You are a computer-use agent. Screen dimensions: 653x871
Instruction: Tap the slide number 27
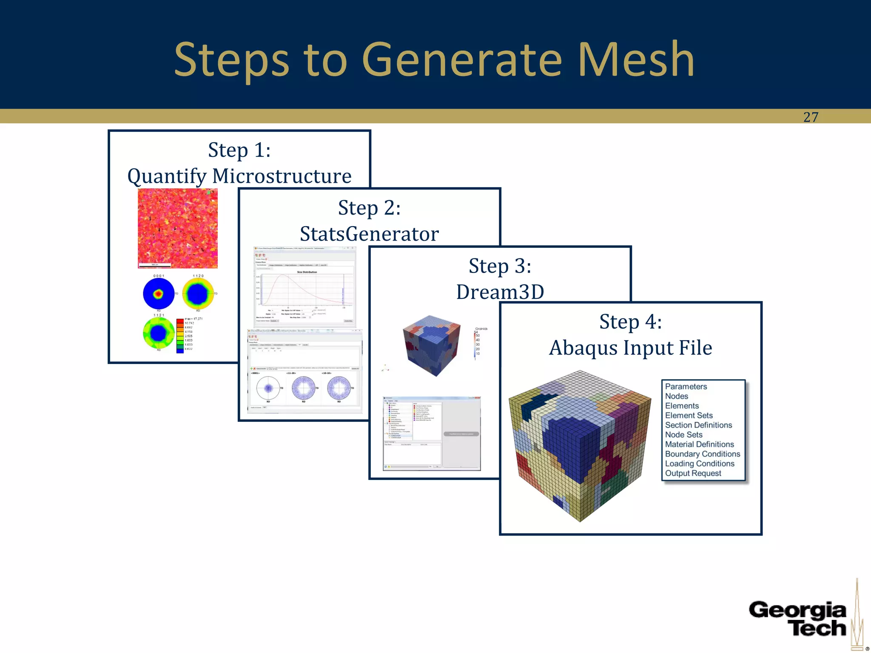click(811, 117)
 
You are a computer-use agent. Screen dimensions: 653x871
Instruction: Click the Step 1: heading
click(239, 150)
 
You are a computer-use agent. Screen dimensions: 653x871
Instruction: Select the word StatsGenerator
click(369, 234)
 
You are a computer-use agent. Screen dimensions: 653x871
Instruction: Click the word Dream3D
click(500, 292)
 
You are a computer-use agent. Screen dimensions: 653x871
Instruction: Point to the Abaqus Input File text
click(630, 348)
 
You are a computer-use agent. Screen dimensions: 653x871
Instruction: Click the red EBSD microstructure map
click(178, 228)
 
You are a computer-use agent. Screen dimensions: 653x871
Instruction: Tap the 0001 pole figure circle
click(159, 293)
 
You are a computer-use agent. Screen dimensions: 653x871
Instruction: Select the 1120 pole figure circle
click(198, 294)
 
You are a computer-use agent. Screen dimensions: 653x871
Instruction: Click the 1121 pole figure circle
click(159, 333)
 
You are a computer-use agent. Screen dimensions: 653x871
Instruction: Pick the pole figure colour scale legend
click(180, 335)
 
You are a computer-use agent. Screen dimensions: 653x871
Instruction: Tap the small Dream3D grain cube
click(431, 345)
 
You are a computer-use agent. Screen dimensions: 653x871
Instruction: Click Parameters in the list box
click(686, 386)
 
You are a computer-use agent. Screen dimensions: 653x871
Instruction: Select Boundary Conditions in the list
click(702, 454)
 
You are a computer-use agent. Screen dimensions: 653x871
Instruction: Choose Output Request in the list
click(693, 473)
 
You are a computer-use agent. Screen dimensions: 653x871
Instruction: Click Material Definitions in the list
click(699, 444)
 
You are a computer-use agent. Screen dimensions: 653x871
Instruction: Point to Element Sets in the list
click(689, 415)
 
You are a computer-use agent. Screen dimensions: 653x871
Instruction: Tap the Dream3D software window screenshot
click(432, 434)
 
